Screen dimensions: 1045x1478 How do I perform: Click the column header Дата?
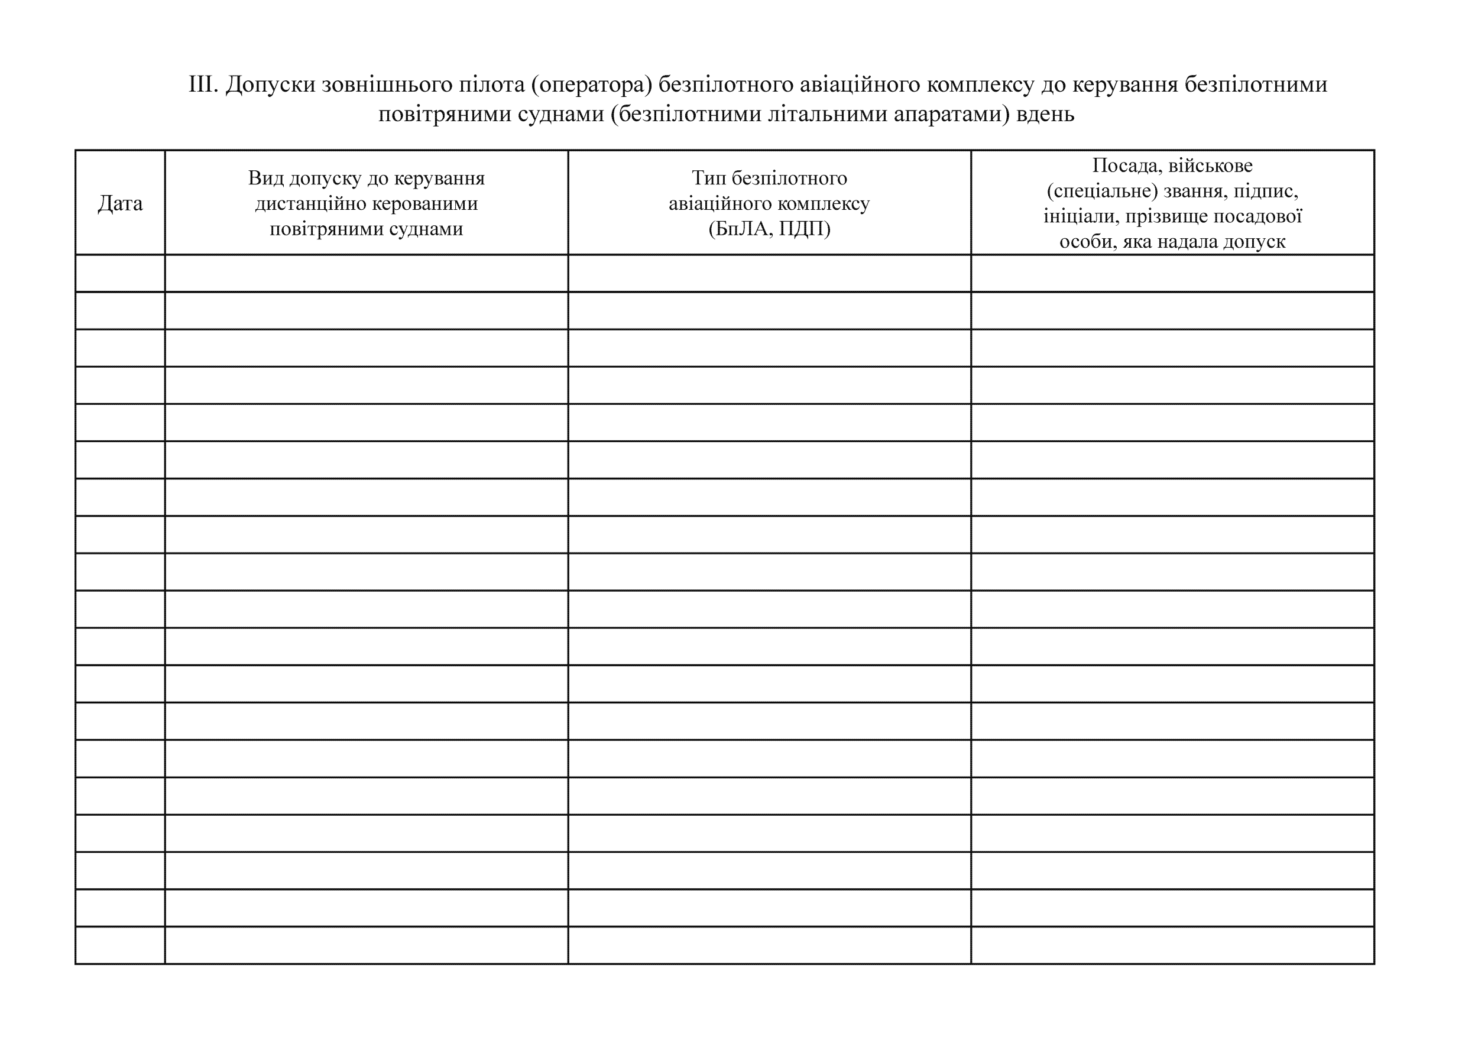click(120, 203)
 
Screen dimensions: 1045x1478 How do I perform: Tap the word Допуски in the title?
click(270, 85)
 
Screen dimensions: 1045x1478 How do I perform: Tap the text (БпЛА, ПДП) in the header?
click(769, 228)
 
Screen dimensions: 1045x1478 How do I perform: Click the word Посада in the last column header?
click(1126, 165)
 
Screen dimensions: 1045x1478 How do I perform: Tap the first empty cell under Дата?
click(120, 273)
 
